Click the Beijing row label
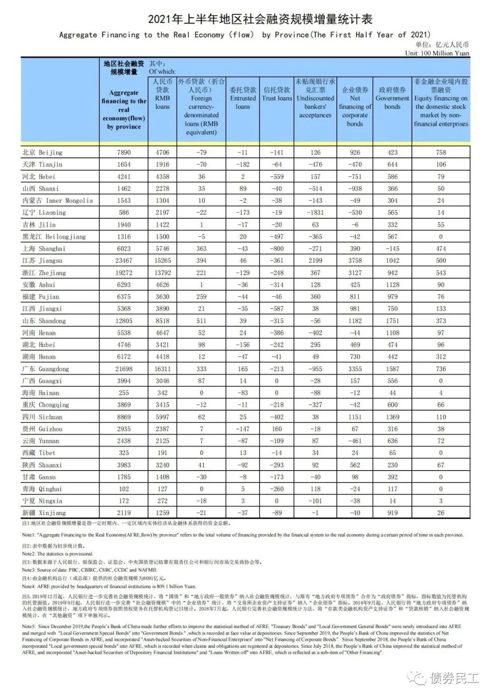(42, 152)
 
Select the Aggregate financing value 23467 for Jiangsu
(124, 261)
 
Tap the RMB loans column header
(162, 94)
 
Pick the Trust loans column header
(277, 94)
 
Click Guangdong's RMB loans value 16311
(162, 369)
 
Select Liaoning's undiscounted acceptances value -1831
(315, 212)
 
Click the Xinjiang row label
(44, 513)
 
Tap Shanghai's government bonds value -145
(392, 249)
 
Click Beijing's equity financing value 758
(441, 152)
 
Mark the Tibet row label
(39, 453)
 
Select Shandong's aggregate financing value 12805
(124, 321)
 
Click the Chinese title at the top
(260, 19)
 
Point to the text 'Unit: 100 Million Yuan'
(437, 53)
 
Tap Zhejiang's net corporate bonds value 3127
(355, 272)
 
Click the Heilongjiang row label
(54, 237)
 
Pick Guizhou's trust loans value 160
(277, 429)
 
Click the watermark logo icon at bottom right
(418, 678)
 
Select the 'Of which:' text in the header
(162, 72)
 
